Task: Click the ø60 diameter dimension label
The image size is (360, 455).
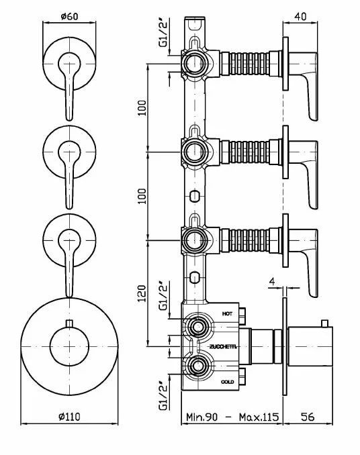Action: click(x=69, y=16)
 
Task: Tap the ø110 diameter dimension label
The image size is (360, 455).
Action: click(x=69, y=417)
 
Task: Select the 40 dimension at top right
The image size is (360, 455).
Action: click(x=300, y=17)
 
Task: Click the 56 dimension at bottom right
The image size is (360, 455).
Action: click(x=308, y=417)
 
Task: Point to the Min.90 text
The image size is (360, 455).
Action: click(x=201, y=417)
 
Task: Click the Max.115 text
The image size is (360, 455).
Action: click(x=259, y=417)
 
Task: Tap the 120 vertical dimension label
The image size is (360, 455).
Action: click(x=142, y=293)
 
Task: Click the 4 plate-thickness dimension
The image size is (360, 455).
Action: click(x=272, y=281)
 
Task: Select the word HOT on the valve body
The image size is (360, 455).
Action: click(x=227, y=313)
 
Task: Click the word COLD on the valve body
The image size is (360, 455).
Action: click(x=228, y=382)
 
